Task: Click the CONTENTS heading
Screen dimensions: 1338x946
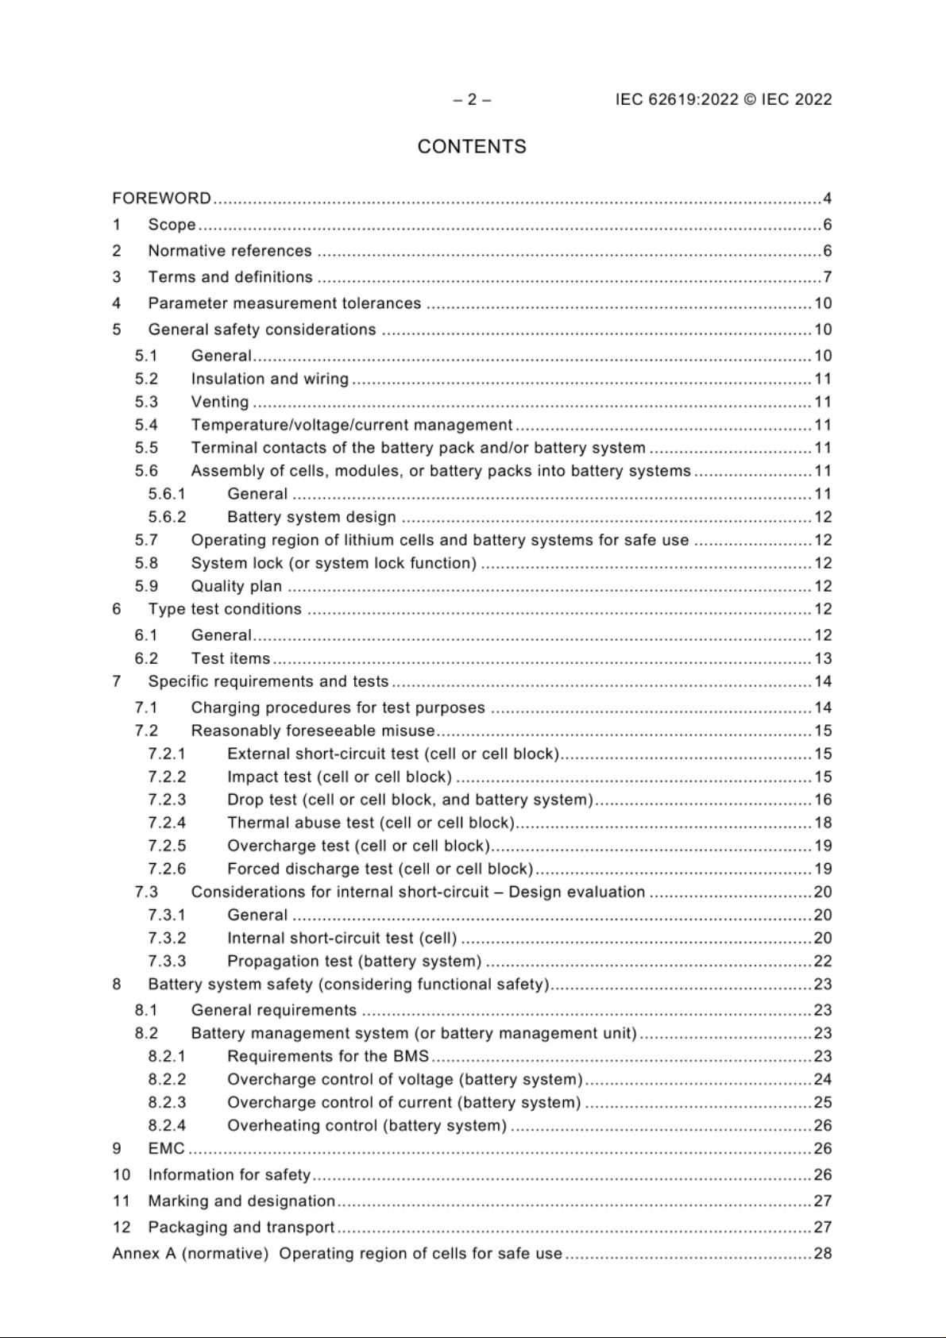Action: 472,147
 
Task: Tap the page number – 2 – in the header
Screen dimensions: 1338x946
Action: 472,99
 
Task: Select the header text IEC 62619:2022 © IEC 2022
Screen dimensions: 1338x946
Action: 724,99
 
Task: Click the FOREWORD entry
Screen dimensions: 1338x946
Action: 162,198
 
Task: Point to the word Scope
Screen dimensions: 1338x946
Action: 172,225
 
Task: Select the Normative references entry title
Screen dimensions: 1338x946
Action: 230,251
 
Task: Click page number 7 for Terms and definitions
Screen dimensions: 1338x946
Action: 827,277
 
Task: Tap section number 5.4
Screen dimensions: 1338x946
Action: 146,425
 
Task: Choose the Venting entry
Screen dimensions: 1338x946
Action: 219,402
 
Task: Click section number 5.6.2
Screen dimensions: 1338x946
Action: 167,517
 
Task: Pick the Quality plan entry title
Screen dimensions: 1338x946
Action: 236,586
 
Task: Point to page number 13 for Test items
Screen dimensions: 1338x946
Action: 823,658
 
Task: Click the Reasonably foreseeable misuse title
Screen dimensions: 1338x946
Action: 313,731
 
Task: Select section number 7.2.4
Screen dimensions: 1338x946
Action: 167,823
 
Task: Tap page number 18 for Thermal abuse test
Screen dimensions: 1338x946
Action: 823,823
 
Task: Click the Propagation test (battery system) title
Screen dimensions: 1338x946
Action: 354,961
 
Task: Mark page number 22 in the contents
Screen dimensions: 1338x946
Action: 823,961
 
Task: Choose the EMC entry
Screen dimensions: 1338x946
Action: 166,1148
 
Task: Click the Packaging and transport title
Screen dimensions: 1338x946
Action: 241,1227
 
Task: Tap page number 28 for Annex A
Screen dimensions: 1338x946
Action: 823,1253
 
